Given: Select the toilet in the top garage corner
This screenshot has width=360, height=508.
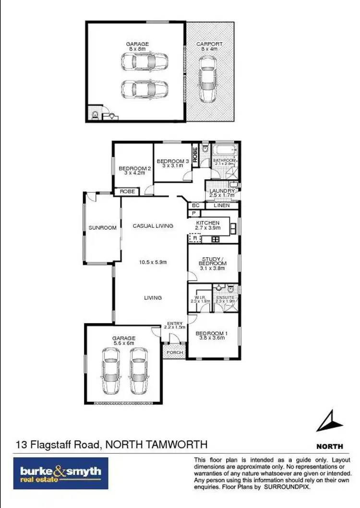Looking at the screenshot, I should point(94,114).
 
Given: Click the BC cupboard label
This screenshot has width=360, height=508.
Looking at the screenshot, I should point(195,206).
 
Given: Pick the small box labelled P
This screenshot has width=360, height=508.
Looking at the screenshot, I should point(194,213).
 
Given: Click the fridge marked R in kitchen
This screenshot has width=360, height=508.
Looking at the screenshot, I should point(195,237).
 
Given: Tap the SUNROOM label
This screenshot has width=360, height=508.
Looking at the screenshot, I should point(102,228).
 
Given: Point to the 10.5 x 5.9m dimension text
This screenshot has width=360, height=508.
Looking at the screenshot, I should point(153,262).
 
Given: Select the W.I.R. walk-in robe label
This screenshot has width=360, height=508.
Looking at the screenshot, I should point(198,300).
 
